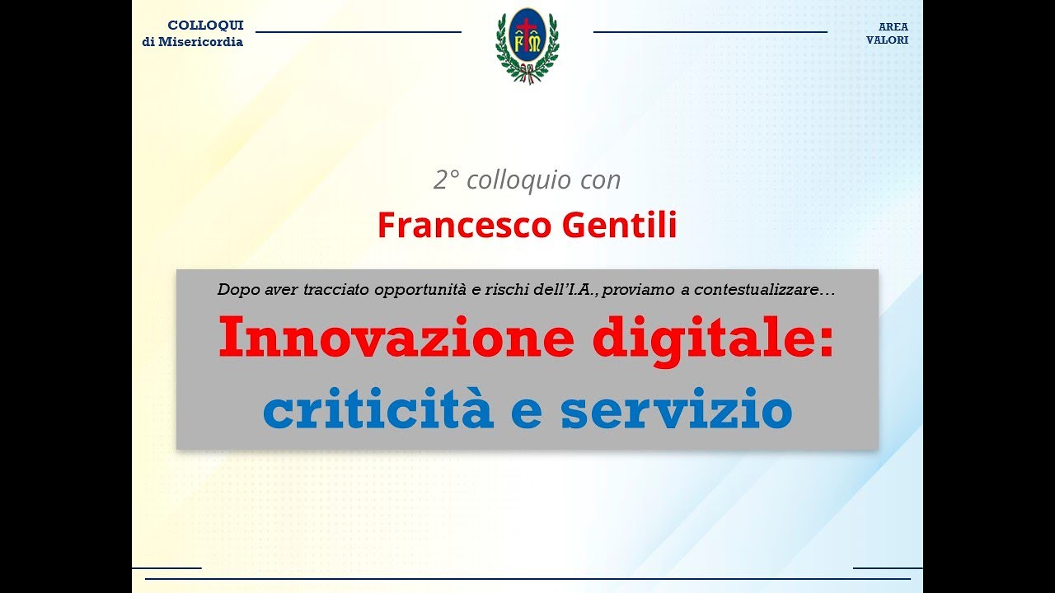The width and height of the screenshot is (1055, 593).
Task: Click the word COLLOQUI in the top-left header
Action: tap(205, 26)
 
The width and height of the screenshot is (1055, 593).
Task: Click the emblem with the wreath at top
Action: tap(527, 46)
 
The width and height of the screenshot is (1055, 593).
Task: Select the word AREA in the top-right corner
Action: tap(893, 26)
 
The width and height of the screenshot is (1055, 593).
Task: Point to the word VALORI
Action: tap(887, 40)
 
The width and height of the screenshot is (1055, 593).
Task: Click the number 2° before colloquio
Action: tap(446, 180)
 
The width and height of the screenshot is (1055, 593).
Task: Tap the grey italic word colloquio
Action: tap(517, 180)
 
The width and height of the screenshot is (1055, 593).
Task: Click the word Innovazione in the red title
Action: tap(396, 338)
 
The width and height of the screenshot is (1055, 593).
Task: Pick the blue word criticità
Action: tap(377, 411)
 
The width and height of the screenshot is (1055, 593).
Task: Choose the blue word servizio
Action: tap(676, 411)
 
